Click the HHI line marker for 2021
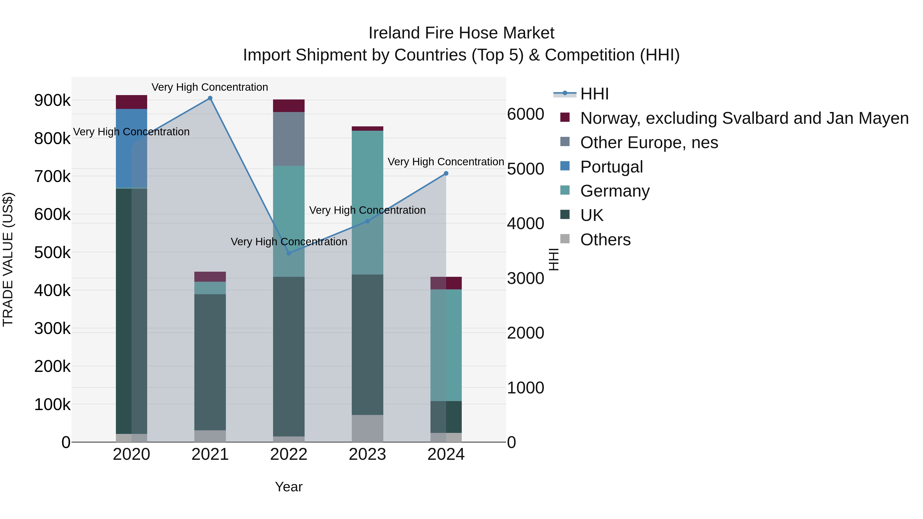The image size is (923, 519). [x=210, y=98]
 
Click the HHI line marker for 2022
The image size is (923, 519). [x=289, y=253]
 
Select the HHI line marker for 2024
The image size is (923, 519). [x=446, y=173]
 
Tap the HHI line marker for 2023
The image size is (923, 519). [x=367, y=221]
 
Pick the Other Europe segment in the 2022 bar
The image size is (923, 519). [x=289, y=139]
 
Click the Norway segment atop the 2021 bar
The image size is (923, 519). [x=210, y=277]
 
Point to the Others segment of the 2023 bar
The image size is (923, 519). [x=367, y=428]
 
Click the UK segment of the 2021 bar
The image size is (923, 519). [x=210, y=362]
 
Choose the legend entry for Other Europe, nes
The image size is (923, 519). [x=649, y=143]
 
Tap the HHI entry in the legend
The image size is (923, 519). [x=594, y=94]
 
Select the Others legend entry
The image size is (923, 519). [x=605, y=240]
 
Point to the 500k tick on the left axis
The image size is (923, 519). [x=52, y=252]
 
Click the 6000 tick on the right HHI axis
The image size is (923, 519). [x=525, y=114]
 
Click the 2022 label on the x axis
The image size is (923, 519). [x=289, y=454]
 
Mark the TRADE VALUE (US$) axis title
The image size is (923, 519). [x=8, y=259]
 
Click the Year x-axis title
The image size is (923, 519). [x=289, y=487]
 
